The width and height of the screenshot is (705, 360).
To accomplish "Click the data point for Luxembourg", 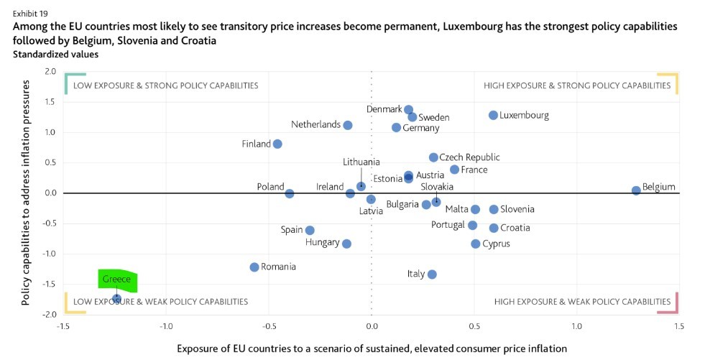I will click(x=493, y=115).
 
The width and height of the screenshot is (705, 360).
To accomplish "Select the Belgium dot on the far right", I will click(x=636, y=190).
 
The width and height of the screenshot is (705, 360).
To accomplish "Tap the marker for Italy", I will click(x=432, y=274).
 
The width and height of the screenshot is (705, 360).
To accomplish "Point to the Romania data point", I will click(x=254, y=267).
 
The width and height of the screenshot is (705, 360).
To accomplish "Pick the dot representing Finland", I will click(x=277, y=144).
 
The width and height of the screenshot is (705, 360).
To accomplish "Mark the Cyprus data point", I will click(x=475, y=244).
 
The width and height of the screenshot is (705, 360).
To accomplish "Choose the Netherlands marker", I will click(x=348, y=125).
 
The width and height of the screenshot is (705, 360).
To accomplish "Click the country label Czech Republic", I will click(x=469, y=157).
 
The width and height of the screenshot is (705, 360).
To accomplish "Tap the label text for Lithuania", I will click(x=361, y=162).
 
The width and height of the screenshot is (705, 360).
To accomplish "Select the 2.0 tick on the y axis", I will click(x=49, y=71).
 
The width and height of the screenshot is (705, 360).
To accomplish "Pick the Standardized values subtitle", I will click(x=55, y=53).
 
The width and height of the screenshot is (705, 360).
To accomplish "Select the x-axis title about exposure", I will click(x=372, y=348).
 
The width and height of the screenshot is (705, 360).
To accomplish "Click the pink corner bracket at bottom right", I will click(x=669, y=304).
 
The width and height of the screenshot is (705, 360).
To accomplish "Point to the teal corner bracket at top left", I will click(x=73, y=83).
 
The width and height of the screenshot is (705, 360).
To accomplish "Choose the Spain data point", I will click(x=310, y=230).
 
